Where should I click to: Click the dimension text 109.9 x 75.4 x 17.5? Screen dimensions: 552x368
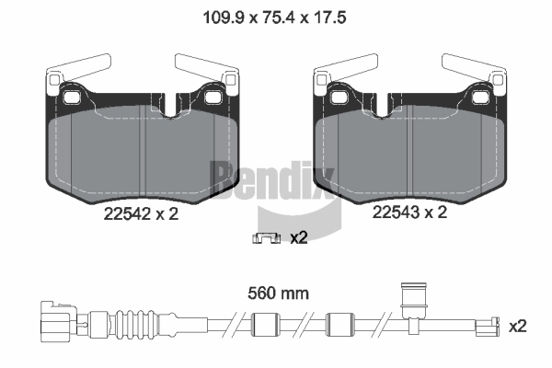click(x=274, y=17)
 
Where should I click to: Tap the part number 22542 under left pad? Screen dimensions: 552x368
click(x=129, y=213)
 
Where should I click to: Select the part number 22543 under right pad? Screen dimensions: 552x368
click(x=396, y=213)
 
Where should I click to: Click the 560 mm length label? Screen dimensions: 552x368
click(x=278, y=293)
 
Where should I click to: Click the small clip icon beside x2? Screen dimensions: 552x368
click(x=266, y=238)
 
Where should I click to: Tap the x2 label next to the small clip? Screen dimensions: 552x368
click(x=299, y=237)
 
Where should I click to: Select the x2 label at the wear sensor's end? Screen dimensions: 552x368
click(x=517, y=327)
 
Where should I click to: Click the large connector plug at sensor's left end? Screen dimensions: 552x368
click(x=58, y=321)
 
